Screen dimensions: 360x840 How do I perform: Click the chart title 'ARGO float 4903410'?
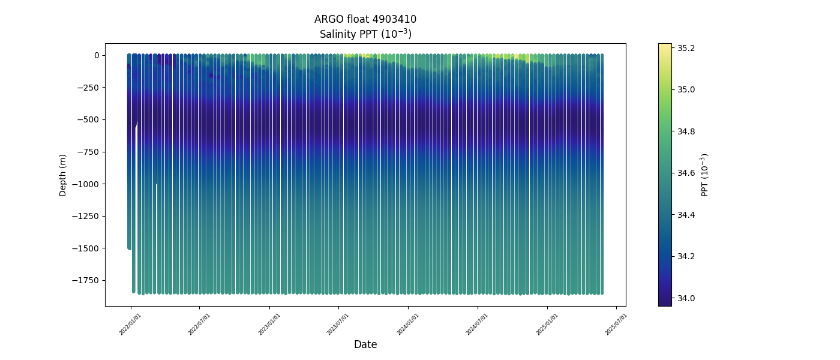pyautogui.click(x=365, y=19)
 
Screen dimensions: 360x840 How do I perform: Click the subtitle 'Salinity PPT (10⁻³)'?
pyautogui.click(x=365, y=34)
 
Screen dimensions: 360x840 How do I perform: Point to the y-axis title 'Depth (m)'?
pyautogui.click(x=63, y=175)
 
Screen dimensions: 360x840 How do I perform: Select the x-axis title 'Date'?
pyautogui.click(x=365, y=344)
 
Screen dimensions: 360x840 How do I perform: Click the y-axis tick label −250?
pyautogui.click(x=88, y=88)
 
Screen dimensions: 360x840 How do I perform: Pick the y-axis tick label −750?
pyautogui.click(x=88, y=152)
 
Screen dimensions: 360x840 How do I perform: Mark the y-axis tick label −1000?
pyautogui.click(x=86, y=184)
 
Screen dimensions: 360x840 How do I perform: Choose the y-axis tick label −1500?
pyautogui.click(x=86, y=248)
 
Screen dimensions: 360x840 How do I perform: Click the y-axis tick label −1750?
pyautogui.click(x=86, y=280)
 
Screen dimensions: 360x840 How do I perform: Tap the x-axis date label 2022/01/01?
pyautogui.click(x=130, y=324)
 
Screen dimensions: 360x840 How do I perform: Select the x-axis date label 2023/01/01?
pyautogui.click(x=269, y=324)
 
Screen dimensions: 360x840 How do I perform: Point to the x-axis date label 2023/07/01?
pyautogui.click(x=338, y=324)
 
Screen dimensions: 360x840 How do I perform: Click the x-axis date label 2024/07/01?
pyautogui.click(x=478, y=324)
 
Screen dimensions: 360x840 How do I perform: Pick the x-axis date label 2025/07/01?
pyautogui.click(x=616, y=324)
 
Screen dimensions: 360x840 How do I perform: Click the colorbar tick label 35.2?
pyautogui.click(x=686, y=48)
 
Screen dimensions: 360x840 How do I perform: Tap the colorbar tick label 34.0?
pyautogui.click(x=686, y=298)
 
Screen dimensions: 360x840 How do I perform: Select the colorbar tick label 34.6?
pyautogui.click(x=686, y=173)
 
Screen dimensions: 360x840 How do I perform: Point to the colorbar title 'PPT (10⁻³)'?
pyautogui.click(x=705, y=175)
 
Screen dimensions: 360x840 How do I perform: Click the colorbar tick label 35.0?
pyautogui.click(x=686, y=89)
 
